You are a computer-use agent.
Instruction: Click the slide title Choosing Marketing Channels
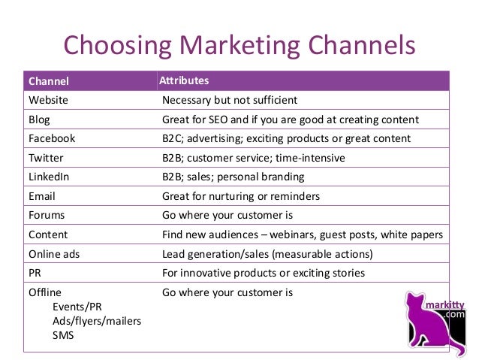click(x=239, y=44)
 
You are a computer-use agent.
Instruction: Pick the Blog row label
click(x=39, y=119)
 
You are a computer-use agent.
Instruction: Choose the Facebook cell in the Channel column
click(x=52, y=138)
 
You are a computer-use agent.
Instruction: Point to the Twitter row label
click(x=46, y=158)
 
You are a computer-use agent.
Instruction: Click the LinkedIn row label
click(x=49, y=177)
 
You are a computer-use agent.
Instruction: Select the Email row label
click(x=41, y=196)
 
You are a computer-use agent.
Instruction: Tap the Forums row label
click(x=46, y=216)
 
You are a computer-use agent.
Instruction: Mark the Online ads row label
click(x=55, y=254)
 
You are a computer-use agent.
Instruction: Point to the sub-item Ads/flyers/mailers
click(x=97, y=321)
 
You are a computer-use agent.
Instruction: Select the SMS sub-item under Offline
click(x=62, y=335)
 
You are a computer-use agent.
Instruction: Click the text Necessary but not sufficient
click(x=230, y=100)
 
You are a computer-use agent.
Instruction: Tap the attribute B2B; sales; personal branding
click(x=233, y=177)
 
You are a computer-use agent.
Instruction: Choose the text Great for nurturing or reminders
click(x=241, y=196)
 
